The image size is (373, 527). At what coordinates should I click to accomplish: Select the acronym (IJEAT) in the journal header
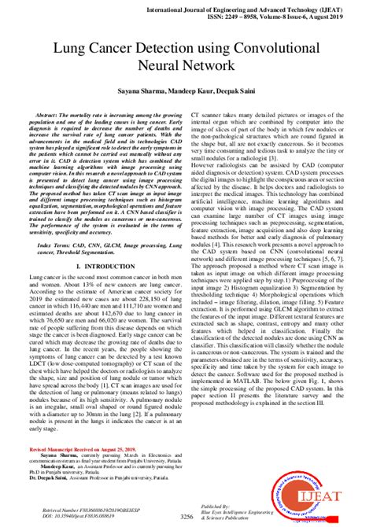tap(344, 6)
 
